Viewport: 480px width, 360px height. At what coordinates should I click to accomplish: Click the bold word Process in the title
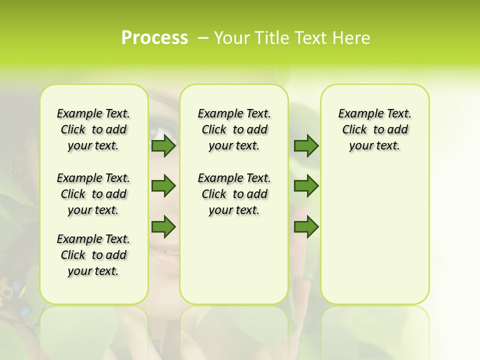click(x=154, y=37)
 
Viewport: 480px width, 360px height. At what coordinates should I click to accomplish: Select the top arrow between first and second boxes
click(x=163, y=146)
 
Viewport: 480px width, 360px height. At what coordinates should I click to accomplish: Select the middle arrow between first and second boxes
click(x=163, y=186)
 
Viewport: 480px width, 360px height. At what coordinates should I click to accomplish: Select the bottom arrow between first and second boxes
click(x=163, y=227)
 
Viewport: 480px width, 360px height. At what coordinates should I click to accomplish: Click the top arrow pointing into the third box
click(x=306, y=146)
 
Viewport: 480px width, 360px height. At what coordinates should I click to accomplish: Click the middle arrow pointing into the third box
click(x=306, y=186)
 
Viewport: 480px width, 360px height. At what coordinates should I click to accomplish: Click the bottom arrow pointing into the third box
click(x=306, y=227)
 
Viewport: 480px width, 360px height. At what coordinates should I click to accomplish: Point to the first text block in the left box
click(x=93, y=129)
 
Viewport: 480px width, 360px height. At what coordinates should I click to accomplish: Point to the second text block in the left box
click(x=93, y=194)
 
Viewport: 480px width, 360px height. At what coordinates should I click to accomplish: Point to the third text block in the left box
click(x=93, y=255)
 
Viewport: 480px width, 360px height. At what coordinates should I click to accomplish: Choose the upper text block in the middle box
click(x=234, y=129)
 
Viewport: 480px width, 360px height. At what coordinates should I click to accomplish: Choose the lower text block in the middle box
click(x=234, y=194)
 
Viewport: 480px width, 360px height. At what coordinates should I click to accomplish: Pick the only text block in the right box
click(x=374, y=129)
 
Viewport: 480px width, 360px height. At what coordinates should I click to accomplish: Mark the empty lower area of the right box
click(x=374, y=240)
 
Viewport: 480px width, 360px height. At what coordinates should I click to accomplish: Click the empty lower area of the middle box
click(x=234, y=260)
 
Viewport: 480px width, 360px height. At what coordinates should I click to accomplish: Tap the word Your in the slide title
click(x=230, y=38)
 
